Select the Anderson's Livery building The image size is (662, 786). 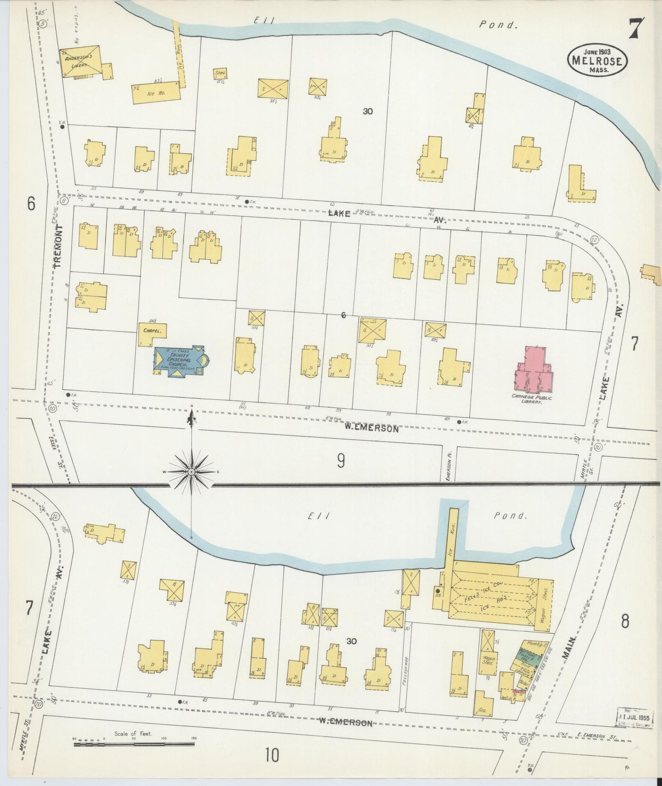(x=82, y=61)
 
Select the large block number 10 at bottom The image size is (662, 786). (x=272, y=755)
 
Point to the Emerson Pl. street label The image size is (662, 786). (x=450, y=465)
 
